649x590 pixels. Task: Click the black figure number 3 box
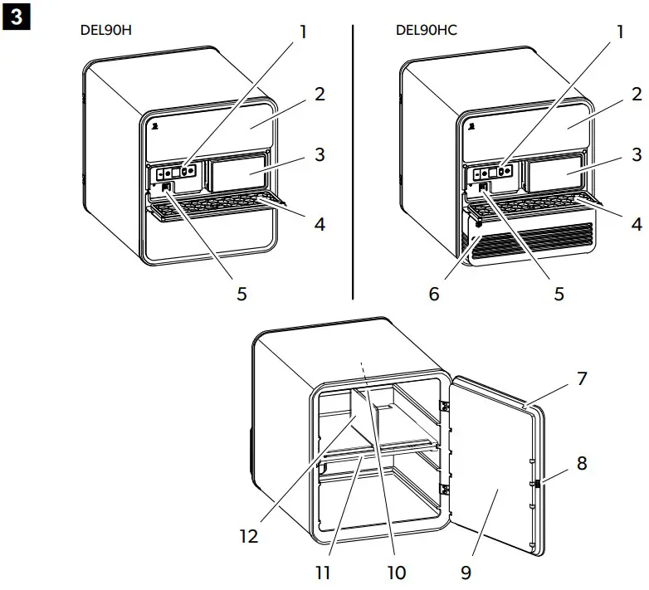(x=16, y=17)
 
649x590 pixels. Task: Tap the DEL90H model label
(x=106, y=30)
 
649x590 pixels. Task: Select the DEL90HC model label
(x=427, y=30)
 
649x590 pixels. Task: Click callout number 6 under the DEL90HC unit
(x=434, y=294)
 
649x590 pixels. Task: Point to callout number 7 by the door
(x=582, y=378)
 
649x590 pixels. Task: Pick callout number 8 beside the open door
(x=582, y=463)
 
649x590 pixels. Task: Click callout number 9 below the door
(x=466, y=573)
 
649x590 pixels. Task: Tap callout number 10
(x=397, y=573)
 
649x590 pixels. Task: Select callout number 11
(x=324, y=573)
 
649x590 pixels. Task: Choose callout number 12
(x=249, y=536)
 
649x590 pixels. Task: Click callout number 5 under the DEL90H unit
(x=242, y=294)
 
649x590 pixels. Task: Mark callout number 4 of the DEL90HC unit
(x=637, y=224)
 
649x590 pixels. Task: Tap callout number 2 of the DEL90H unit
(x=320, y=95)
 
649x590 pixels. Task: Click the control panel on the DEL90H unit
(x=173, y=172)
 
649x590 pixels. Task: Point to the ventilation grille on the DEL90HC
(x=533, y=244)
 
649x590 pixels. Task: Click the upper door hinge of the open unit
(x=445, y=407)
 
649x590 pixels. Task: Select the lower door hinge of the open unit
(x=445, y=490)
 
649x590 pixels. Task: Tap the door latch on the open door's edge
(x=537, y=484)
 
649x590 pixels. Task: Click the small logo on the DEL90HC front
(x=471, y=126)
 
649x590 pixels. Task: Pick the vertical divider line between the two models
(x=353, y=162)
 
